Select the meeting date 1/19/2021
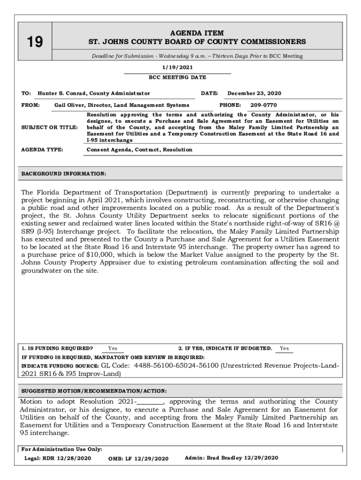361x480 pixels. coord(177,67)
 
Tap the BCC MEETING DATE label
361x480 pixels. coord(177,77)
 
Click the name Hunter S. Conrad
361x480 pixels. coord(62,93)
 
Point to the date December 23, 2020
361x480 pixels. coord(254,93)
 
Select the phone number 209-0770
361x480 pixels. coord(263,105)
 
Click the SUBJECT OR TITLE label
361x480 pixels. coord(49,127)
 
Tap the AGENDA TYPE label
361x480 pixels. coord(43,150)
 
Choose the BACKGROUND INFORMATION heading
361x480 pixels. coord(64,174)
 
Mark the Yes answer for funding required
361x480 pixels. coord(113,349)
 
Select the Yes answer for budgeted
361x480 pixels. coord(284,349)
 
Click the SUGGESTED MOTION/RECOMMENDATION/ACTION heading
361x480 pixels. coord(94,390)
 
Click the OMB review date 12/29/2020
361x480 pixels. coord(150,458)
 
